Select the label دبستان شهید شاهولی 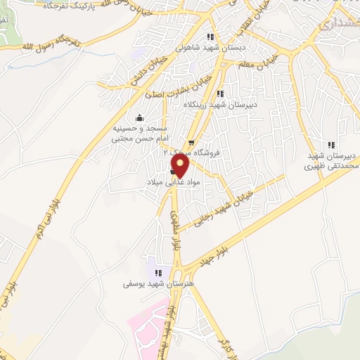pos(209,49)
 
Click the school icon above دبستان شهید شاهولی pos(209,37)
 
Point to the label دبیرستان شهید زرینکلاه pos(219,104)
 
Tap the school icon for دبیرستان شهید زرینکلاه pos(220,93)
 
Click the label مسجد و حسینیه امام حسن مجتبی pos(140,134)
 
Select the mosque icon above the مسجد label pos(139,117)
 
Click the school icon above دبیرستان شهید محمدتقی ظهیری pos(332,143)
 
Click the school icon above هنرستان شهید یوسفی pos(157,273)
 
